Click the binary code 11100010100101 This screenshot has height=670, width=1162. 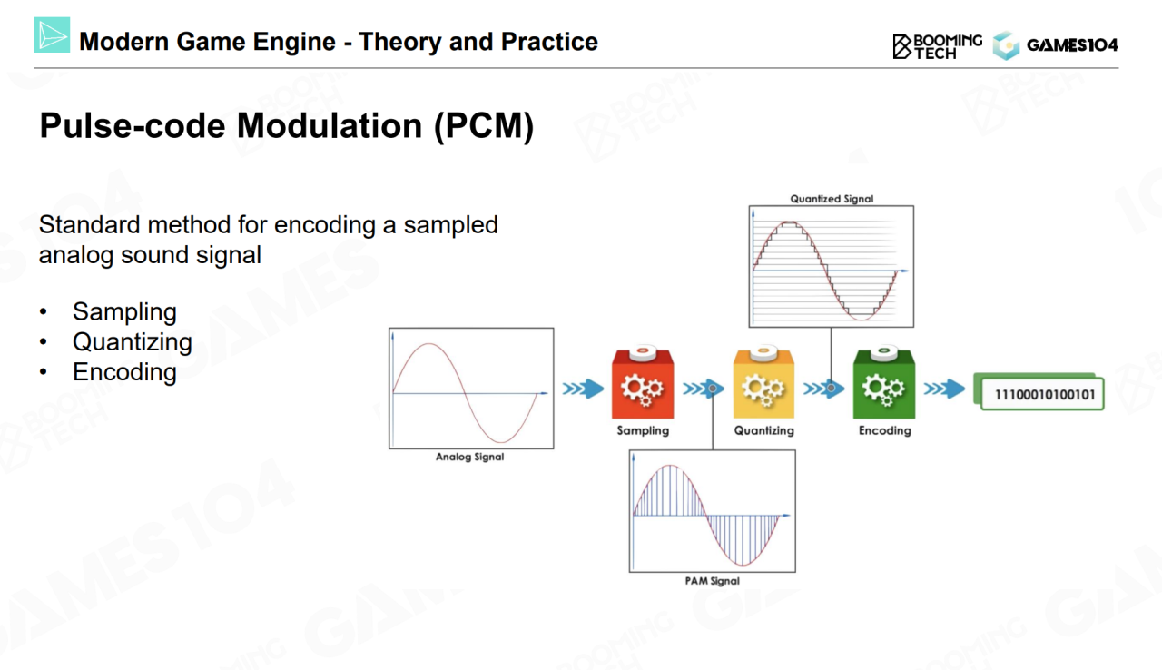tap(1044, 395)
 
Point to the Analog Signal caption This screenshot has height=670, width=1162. tap(469, 457)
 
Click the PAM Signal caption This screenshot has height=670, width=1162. tap(713, 581)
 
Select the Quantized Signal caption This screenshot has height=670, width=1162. tap(832, 199)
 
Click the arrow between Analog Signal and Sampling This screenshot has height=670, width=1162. tap(583, 389)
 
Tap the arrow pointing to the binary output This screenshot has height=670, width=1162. tap(944, 389)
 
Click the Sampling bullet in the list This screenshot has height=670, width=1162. tap(124, 311)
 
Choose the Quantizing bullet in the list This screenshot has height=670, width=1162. tap(133, 342)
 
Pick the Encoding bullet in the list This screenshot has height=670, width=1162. tap(124, 372)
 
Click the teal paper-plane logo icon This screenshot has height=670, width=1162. tap(52, 34)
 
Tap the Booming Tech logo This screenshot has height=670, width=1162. tap(938, 46)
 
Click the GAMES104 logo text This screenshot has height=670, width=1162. tap(1072, 45)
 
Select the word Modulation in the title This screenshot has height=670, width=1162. tap(330, 125)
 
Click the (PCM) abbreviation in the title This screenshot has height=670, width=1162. tap(484, 126)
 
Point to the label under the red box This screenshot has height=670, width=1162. tap(643, 430)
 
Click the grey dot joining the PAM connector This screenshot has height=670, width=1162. tap(713, 389)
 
